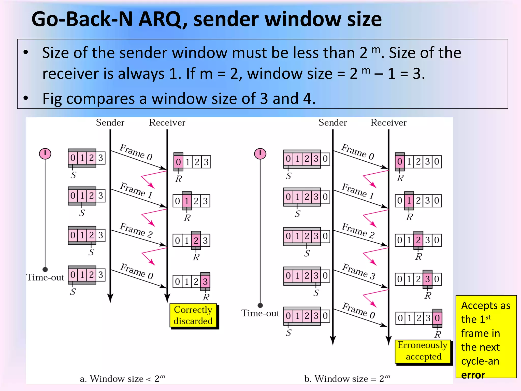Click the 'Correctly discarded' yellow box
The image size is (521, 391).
pyautogui.click(x=193, y=315)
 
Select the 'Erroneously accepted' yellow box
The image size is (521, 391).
pyautogui.click(x=423, y=351)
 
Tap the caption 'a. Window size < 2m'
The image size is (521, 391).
pyautogui.click(x=122, y=379)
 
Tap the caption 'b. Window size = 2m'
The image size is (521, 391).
pyautogui.click(x=347, y=379)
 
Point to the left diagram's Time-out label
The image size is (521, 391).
pyautogui.click(x=45, y=277)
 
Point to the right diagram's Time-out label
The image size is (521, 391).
pyautogui.click(x=260, y=313)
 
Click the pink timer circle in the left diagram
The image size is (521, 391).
pyautogui.click(x=45, y=154)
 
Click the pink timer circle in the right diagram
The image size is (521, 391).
pyautogui.click(x=260, y=154)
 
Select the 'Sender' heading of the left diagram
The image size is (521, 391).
pyautogui.click(x=110, y=123)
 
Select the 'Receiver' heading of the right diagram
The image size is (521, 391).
pyautogui.click(x=388, y=123)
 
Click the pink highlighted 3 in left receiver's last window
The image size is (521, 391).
pyautogui.click(x=205, y=282)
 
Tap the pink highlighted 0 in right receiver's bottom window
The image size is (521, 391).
pyautogui.click(x=437, y=318)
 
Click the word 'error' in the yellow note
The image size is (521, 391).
pyautogui.click(x=473, y=375)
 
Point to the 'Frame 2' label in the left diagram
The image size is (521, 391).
pyautogui.click(x=136, y=230)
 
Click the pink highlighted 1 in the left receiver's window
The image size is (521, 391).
pyautogui.click(x=187, y=201)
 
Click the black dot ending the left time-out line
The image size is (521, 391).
pyautogui.click(x=45, y=269)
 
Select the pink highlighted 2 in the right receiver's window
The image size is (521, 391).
pyautogui.click(x=418, y=240)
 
